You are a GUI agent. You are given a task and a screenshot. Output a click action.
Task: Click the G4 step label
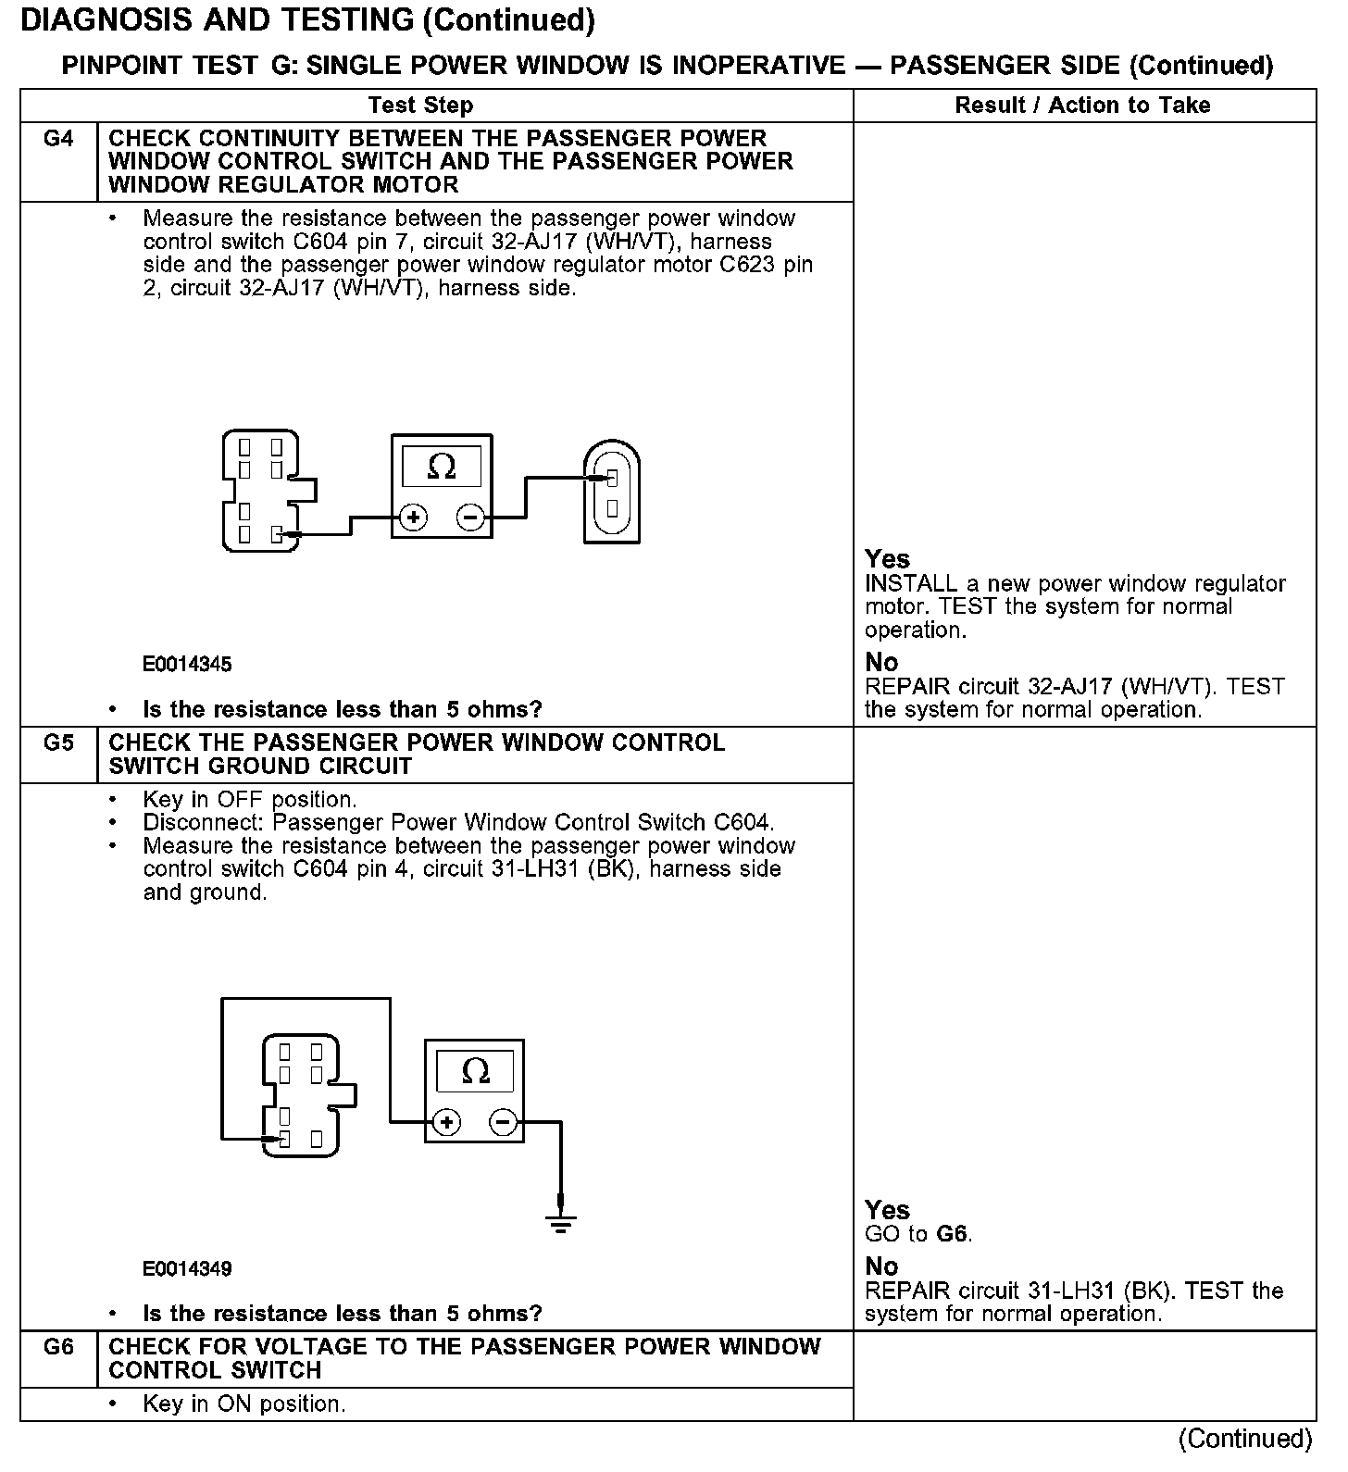pyautogui.click(x=57, y=139)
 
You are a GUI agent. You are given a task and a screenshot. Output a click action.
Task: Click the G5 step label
pyautogui.click(x=57, y=743)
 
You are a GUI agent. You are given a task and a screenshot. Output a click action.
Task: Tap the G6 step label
pyautogui.click(x=57, y=1347)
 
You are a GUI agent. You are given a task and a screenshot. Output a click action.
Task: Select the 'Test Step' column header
pyautogui.click(x=420, y=106)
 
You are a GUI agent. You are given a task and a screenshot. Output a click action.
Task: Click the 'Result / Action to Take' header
pyautogui.click(x=1082, y=106)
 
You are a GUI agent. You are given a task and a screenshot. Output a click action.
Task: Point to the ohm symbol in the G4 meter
pyautogui.click(x=442, y=467)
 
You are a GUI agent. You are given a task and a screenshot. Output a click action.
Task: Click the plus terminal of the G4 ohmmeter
pyautogui.click(x=413, y=518)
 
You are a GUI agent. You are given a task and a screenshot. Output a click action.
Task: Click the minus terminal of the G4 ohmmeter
pyautogui.click(x=471, y=518)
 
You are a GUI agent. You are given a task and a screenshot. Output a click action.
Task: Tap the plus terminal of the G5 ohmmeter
pyautogui.click(x=446, y=1123)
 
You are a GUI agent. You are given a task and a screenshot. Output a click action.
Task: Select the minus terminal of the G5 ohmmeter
pyautogui.click(x=504, y=1123)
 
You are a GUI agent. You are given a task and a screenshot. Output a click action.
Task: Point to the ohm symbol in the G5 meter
pyautogui.click(x=475, y=1071)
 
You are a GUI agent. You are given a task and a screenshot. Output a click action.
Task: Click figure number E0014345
pyautogui.click(x=187, y=665)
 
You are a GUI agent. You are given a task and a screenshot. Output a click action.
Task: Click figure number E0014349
pyautogui.click(x=187, y=1268)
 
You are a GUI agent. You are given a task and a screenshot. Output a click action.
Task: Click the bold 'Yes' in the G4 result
pyautogui.click(x=887, y=559)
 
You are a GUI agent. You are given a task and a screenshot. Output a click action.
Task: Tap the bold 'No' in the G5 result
pyautogui.click(x=881, y=1266)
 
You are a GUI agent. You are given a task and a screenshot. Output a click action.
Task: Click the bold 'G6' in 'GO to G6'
pyautogui.click(x=953, y=1234)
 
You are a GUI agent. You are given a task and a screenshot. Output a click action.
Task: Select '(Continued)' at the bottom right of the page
pyautogui.click(x=1245, y=1439)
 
